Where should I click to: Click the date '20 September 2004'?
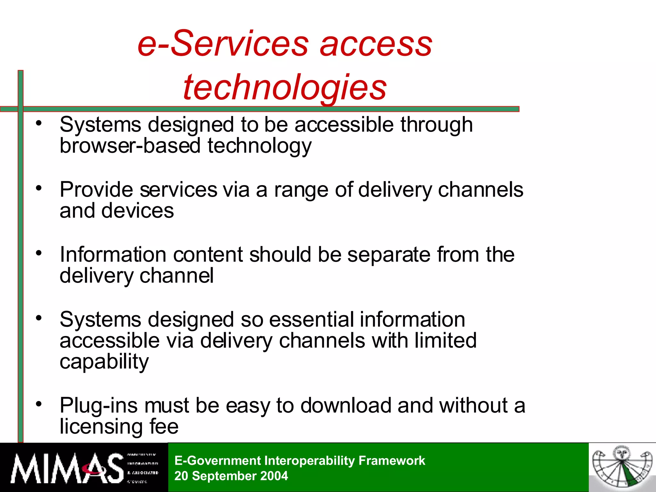(x=231, y=476)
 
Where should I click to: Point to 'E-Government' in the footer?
(x=218, y=461)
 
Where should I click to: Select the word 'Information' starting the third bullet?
(x=113, y=255)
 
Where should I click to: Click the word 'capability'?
(x=104, y=362)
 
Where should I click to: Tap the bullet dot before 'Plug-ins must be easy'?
(x=39, y=404)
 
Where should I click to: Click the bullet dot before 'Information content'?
(x=39, y=253)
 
